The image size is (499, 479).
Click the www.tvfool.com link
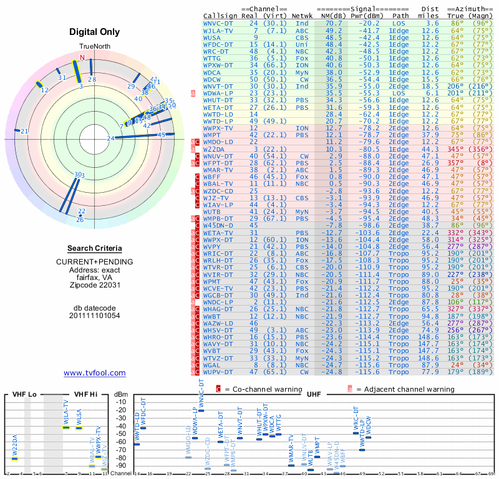[x=95, y=373]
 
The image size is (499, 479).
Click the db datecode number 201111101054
[x=95, y=316]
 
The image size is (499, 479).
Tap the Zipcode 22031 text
[x=95, y=285]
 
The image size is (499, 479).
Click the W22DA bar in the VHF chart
[x=14, y=458]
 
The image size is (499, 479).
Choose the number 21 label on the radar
[x=24, y=131]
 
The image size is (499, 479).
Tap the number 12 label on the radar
[x=44, y=90]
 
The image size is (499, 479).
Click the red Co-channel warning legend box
[x=218, y=389]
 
